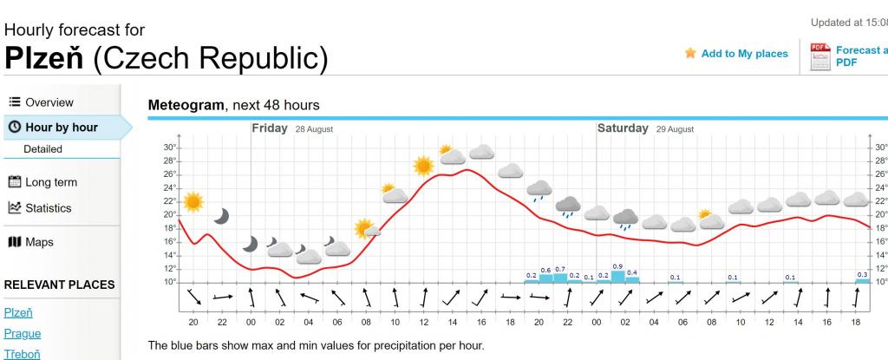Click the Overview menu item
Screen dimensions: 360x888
coord(49,102)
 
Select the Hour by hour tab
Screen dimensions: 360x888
coord(61,128)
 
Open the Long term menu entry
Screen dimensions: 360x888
coord(50,182)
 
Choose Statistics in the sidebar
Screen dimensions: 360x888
coord(48,208)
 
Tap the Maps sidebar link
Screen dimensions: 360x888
coord(38,242)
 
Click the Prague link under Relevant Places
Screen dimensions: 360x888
coord(23,333)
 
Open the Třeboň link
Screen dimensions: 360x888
coord(23,354)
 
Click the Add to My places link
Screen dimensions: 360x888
coord(744,54)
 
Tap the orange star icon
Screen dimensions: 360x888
coord(690,53)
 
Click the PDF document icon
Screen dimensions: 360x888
coord(819,56)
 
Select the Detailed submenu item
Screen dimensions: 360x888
coord(42,149)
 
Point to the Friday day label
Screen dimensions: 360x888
coord(270,128)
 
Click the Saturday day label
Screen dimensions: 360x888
coord(623,128)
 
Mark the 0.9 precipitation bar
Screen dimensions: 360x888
coord(617,277)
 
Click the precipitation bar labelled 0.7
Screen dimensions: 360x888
coord(560,278)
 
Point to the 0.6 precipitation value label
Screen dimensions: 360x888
coord(545,270)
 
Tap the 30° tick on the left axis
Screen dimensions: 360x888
coord(170,147)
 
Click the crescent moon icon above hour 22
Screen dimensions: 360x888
coord(222,216)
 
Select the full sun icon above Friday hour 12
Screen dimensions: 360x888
coord(423,165)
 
